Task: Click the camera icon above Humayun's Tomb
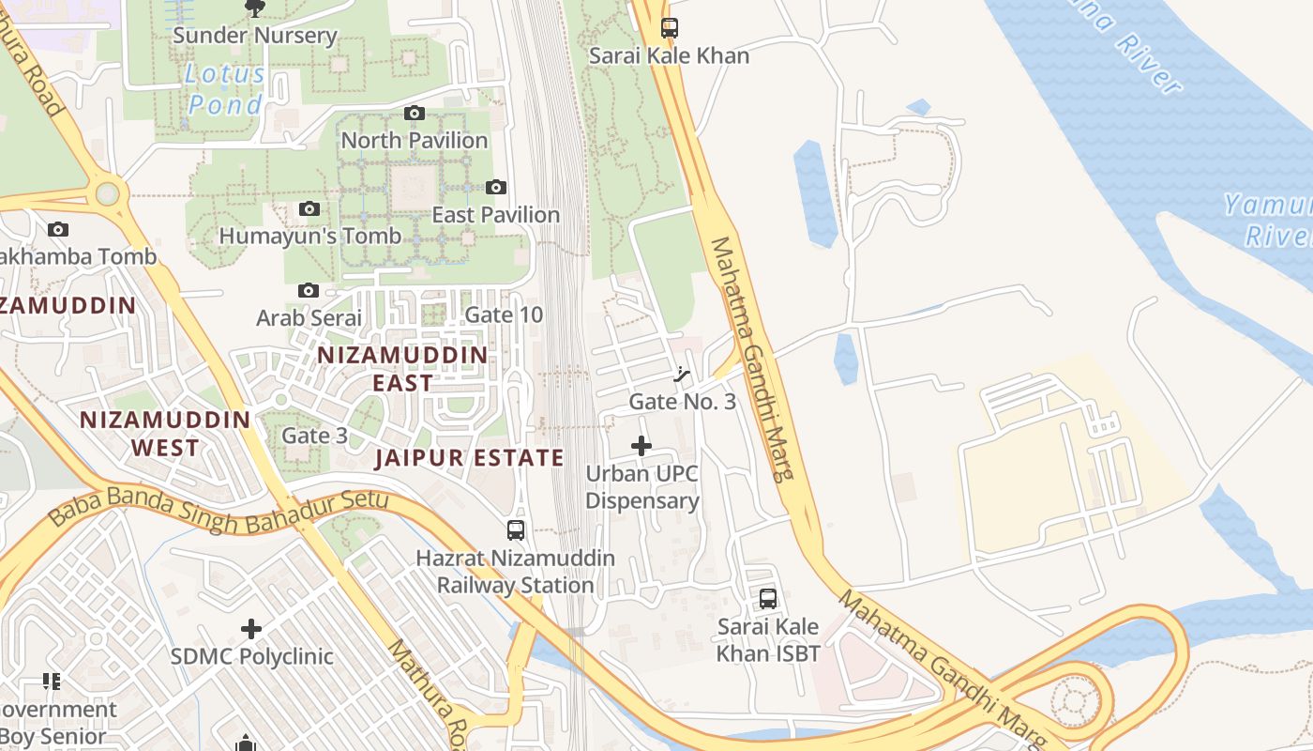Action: [309, 208]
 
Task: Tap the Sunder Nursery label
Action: [254, 36]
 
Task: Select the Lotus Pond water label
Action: [225, 89]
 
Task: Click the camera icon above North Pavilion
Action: [414, 114]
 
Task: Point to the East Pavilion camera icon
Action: [496, 188]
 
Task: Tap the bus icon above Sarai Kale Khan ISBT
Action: [768, 598]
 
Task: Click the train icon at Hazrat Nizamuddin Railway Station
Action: [516, 530]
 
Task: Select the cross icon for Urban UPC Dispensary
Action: [641, 446]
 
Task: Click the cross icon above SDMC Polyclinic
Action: [251, 628]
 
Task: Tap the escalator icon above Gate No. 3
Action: [683, 375]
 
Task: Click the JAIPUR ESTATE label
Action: [469, 458]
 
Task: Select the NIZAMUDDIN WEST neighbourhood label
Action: [165, 433]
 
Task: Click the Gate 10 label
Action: [504, 314]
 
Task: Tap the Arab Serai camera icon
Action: [309, 291]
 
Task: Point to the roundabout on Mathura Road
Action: [108, 194]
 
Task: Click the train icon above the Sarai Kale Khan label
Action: [669, 28]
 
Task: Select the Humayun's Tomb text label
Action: [309, 236]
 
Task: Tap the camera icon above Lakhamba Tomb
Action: [58, 229]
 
